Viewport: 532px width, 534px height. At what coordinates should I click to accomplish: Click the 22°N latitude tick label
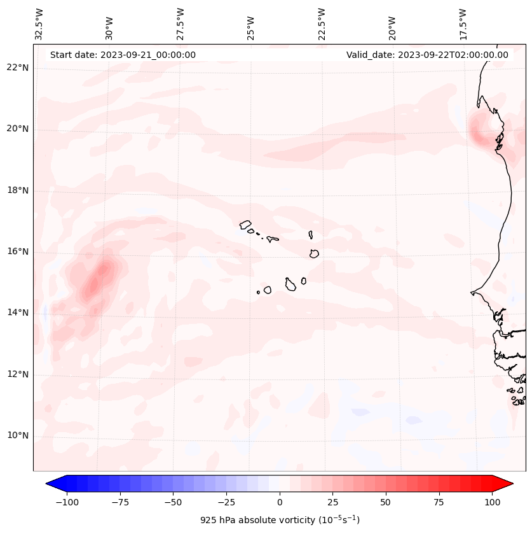point(18,68)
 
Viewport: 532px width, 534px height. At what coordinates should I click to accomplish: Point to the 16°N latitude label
point(18,252)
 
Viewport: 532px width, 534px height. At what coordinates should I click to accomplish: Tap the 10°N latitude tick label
point(18,436)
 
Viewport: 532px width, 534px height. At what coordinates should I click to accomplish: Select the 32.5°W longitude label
point(39,24)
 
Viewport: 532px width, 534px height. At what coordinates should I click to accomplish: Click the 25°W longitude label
point(251,24)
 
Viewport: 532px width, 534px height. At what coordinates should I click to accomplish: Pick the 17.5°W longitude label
point(463,24)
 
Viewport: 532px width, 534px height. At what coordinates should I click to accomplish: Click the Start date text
point(123,55)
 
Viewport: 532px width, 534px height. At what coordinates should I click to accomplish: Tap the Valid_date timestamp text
point(427,55)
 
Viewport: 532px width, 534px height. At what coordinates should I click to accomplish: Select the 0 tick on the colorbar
point(280,502)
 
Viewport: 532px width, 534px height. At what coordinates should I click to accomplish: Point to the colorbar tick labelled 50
point(386,502)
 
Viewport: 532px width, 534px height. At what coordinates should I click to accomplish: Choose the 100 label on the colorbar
point(492,502)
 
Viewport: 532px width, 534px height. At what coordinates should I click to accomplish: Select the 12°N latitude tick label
point(18,375)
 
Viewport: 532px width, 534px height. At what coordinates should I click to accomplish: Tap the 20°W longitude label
point(392,24)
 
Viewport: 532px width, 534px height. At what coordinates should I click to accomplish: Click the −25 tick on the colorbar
point(226,502)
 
